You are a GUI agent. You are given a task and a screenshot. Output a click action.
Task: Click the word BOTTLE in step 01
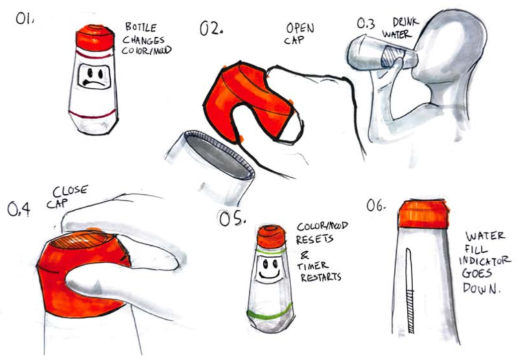pyautogui.click(x=141, y=27)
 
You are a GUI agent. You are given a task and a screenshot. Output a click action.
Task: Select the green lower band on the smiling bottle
pyautogui.click(x=269, y=314)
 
